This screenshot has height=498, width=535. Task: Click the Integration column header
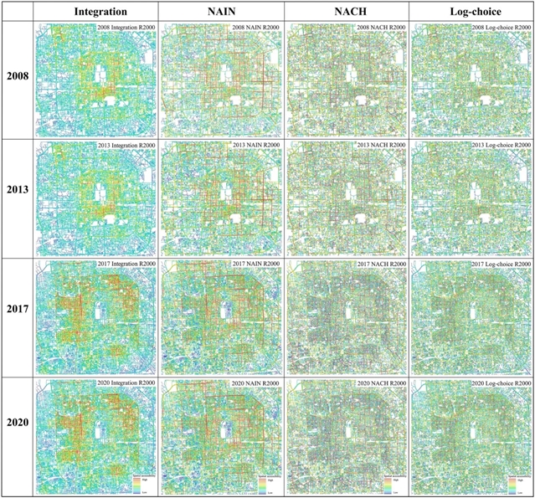(x=95, y=13)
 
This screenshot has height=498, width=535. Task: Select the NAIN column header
(x=220, y=13)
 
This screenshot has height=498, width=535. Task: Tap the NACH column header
(x=347, y=13)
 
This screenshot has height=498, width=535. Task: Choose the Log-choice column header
(x=472, y=13)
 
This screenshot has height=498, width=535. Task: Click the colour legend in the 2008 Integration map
(x=144, y=126)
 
